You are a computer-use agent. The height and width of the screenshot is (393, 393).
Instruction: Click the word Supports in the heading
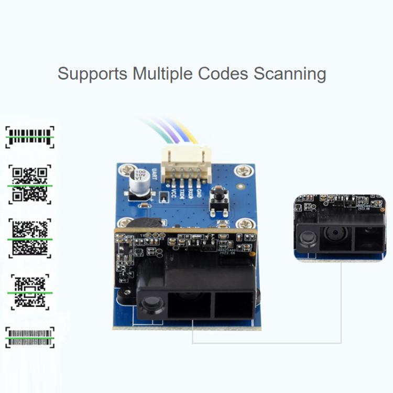(x=92, y=73)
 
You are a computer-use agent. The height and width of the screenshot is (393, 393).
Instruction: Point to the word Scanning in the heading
(x=290, y=73)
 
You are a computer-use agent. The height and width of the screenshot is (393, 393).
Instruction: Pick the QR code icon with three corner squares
(x=30, y=183)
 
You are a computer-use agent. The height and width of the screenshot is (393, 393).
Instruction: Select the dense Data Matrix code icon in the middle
(x=30, y=237)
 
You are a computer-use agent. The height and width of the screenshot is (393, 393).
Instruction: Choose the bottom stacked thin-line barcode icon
(x=30, y=337)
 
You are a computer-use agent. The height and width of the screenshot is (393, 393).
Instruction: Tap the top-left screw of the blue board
(x=126, y=169)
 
